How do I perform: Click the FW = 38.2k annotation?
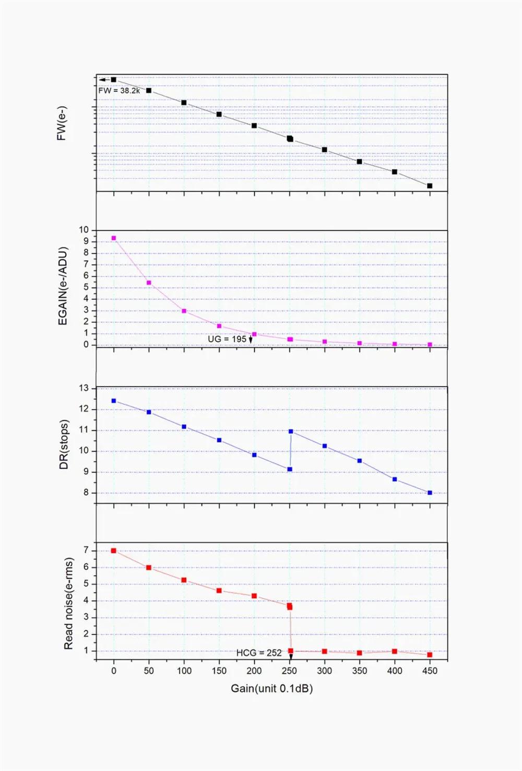point(119,90)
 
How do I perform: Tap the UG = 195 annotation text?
point(227,339)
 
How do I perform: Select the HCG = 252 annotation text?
point(259,653)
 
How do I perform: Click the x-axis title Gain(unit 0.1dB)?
point(271,688)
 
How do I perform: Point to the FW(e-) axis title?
point(62,124)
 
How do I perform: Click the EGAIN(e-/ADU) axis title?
point(63,286)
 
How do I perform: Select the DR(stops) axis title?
point(64,445)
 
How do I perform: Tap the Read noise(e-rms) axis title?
point(68,603)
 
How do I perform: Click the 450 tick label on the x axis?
point(430,671)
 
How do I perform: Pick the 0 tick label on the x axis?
point(114,671)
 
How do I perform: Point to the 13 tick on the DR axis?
point(84,388)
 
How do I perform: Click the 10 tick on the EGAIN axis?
point(84,230)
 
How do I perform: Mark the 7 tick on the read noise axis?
point(86,550)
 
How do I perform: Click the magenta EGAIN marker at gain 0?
point(114,238)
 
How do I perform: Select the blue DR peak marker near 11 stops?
point(291,431)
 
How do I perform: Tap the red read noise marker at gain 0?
point(114,551)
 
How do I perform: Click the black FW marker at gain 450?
point(430,186)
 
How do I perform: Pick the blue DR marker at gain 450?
point(430,493)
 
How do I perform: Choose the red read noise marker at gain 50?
point(149,568)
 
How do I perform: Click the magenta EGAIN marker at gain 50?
point(149,283)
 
